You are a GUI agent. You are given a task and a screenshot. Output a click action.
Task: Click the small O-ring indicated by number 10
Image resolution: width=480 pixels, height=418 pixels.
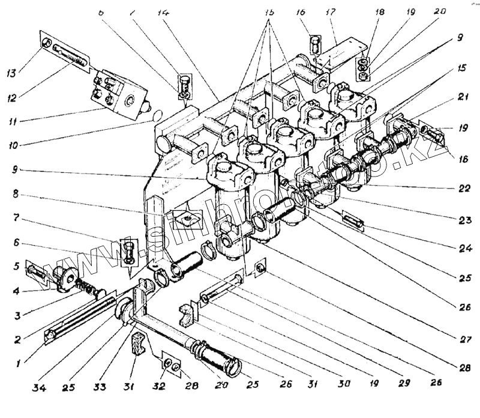tap(156, 115)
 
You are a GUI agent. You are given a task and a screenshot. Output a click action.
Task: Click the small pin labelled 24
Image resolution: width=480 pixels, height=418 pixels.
tap(352, 219)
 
